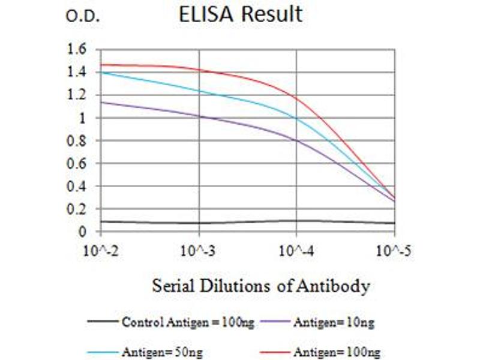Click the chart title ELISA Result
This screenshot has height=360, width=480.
[x=241, y=14]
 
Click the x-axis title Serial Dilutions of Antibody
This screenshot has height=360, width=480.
[x=260, y=287]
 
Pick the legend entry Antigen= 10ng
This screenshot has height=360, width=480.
[x=334, y=323]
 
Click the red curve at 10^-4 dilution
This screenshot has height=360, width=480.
[x=297, y=98]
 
